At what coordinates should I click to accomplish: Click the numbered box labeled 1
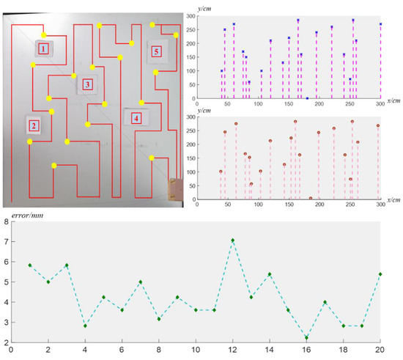(43, 48)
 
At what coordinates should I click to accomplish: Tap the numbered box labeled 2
(34, 125)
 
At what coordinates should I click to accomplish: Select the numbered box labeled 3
(86, 85)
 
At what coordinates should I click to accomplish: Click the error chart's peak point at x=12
(233, 240)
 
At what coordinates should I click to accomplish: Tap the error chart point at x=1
(30, 265)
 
